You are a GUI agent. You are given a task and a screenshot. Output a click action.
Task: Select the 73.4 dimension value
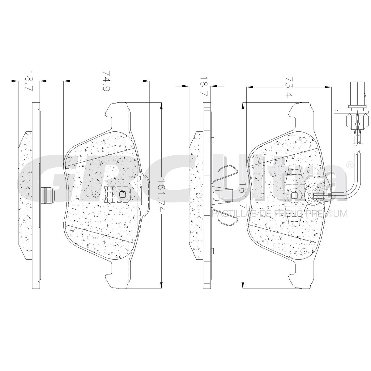point(289,87)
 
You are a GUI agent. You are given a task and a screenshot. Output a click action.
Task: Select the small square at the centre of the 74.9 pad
point(122,194)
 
